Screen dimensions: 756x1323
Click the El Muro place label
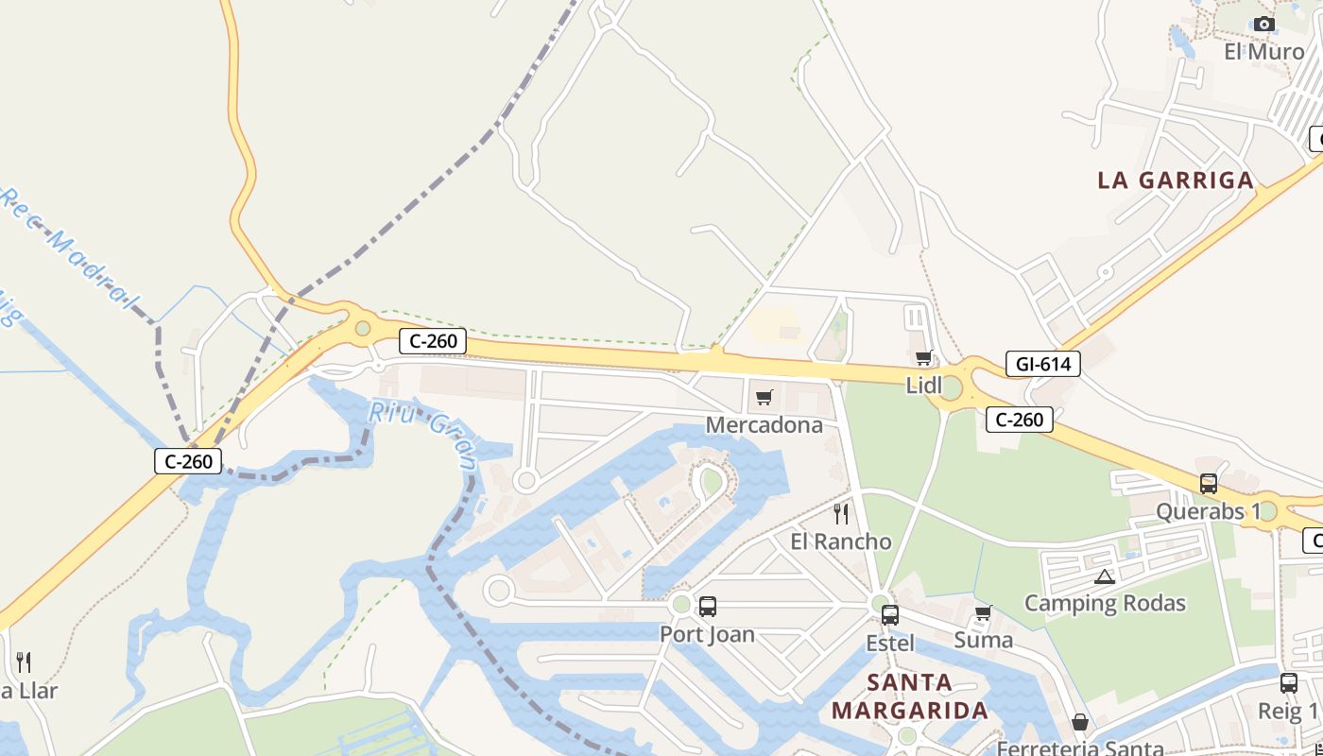click(1263, 51)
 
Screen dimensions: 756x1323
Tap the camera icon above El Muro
click(1263, 25)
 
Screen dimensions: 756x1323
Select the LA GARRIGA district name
click(1176, 180)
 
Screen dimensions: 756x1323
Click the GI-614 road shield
click(1042, 364)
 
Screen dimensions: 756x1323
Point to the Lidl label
click(924, 385)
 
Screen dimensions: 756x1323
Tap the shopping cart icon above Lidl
click(923, 357)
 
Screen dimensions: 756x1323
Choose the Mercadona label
click(765, 425)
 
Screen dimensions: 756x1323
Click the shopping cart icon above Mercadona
click(764, 397)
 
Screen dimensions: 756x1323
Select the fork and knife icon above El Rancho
click(840, 514)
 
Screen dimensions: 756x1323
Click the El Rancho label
click(840, 541)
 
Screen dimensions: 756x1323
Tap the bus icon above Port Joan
click(707, 607)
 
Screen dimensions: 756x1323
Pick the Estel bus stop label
click(890, 644)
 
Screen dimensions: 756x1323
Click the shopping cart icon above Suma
click(983, 613)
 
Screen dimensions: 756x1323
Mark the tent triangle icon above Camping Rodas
click(1104, 576)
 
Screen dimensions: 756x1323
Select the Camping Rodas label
click(1105, 603)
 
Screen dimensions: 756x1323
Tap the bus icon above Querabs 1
click(1208, 484)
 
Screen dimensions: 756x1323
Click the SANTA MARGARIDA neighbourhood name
click(910, 696)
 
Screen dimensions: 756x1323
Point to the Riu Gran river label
click(422, 433)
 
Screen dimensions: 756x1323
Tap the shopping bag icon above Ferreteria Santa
click(1079, 723)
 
